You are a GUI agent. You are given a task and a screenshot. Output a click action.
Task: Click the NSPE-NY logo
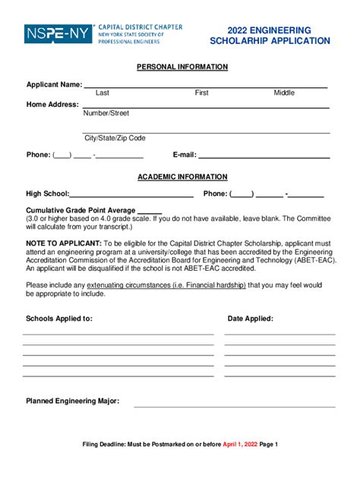[x=58, y=34]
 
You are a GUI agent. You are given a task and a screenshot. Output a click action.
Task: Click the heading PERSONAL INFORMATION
[x=182, y=67]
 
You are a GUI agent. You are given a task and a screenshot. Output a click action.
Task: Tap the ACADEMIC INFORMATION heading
[x=182, y=177]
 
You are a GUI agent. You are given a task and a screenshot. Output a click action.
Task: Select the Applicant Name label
[x=54, y=84]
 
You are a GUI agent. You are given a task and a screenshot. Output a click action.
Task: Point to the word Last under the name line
[x=103, y=93]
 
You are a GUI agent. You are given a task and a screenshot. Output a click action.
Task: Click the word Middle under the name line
[x=284, y=93]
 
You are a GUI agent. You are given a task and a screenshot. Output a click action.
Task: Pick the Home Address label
[x=52, y=104]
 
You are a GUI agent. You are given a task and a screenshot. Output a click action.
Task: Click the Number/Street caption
[x=106, y=113]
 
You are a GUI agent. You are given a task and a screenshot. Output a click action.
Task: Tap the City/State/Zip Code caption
[x=115, y=138]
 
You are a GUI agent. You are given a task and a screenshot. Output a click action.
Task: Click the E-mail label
[x=185, y=155]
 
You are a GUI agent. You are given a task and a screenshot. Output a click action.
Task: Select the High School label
[x=47, y=193]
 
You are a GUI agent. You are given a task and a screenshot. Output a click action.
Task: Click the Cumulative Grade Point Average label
[x=81, y=210]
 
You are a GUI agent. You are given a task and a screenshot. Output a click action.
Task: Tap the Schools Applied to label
[x=59, y=319]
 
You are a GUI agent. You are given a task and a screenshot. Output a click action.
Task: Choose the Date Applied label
[x=251, y=319]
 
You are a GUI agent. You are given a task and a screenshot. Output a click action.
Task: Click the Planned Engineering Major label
[x=72, y=401]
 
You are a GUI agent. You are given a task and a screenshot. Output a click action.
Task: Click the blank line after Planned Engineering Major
[x=235, y=405]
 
